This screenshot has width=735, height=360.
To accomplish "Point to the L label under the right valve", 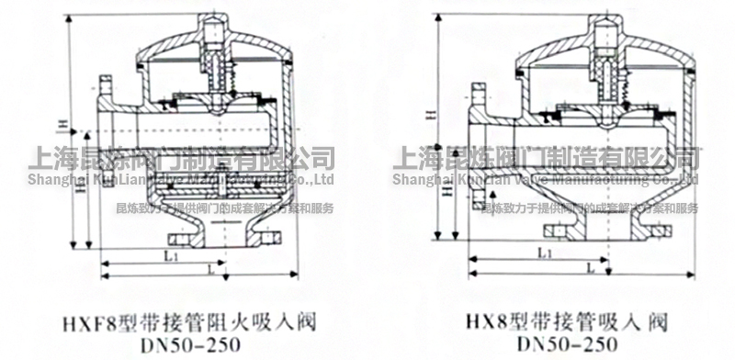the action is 587,267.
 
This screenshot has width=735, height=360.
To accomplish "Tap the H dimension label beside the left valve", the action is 61,125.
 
